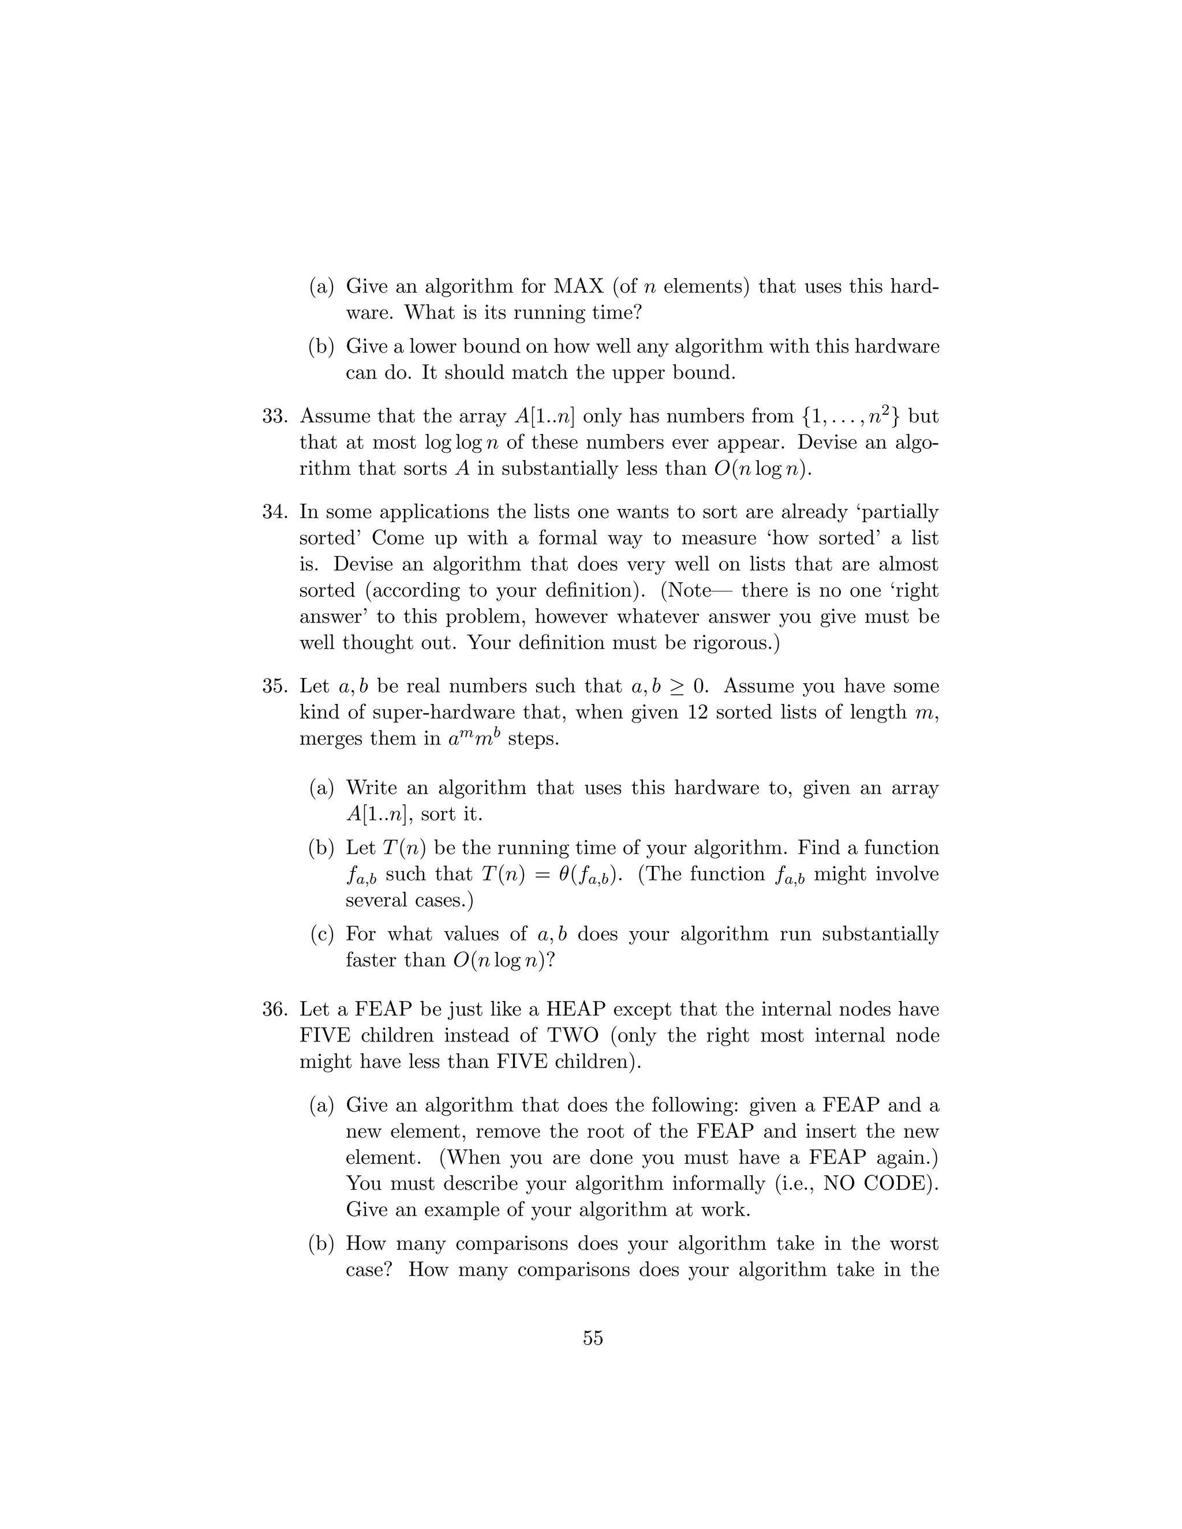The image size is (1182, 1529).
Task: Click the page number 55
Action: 592,1338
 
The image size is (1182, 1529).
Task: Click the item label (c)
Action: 321,934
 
